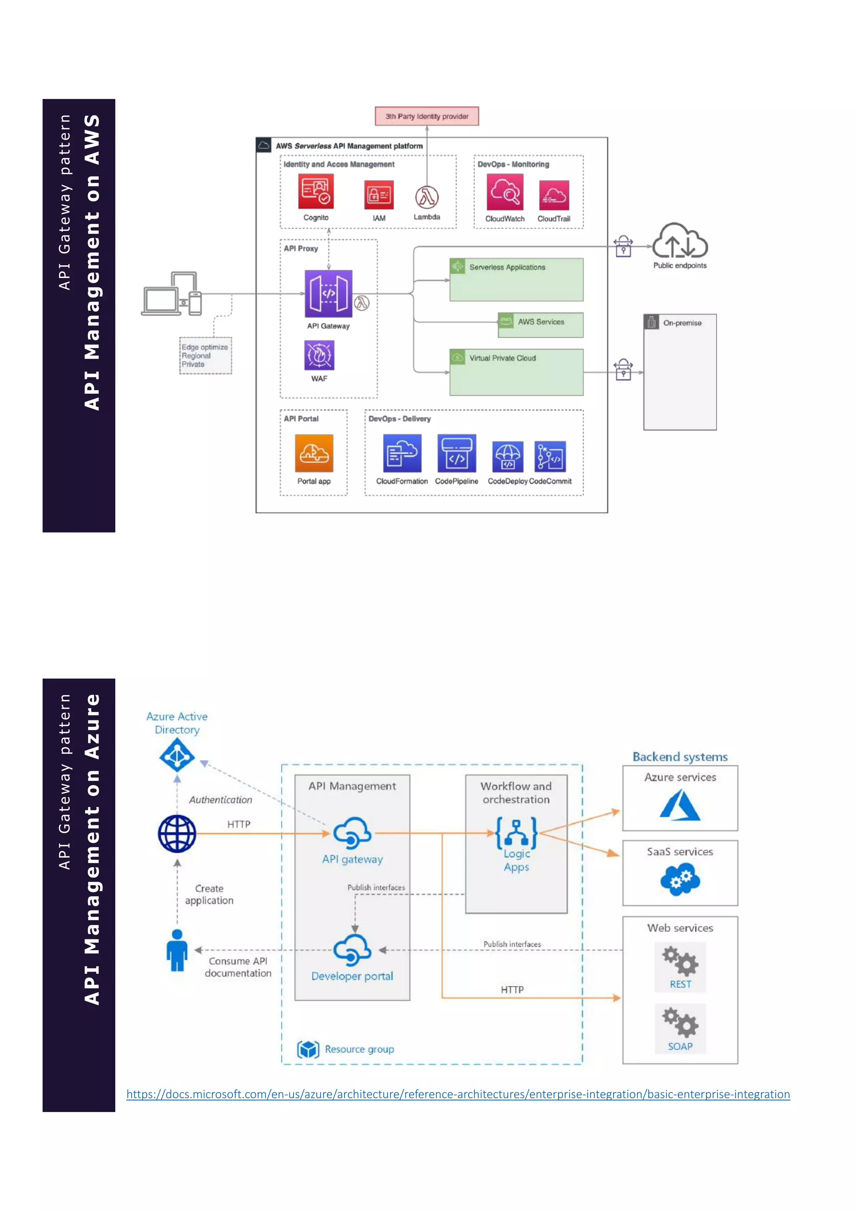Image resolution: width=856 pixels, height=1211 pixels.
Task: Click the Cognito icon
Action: pyautogui.click(x=316, y=192)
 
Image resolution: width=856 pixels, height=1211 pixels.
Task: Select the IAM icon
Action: pyautogui.click(x=379, y=195)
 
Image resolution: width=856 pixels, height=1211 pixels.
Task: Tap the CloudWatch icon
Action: pyautogui.click(x=505, y=193)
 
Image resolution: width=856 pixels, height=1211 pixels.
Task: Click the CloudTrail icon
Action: pyautogui.click(x=554, y=195)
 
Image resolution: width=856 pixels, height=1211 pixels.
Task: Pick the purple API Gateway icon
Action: pyautogui.click(x=328, y=293)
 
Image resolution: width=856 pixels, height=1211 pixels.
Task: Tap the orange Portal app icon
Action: pyautogui.click(x=314, y=453)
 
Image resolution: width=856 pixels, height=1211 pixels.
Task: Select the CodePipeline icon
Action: pyautogui.click(x=456, y=453)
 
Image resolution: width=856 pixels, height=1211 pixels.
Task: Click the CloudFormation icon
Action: pyautogui.click(x=402, y=453)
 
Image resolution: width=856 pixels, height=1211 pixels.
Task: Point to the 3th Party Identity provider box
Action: pyautogui.click(x=427, y=116)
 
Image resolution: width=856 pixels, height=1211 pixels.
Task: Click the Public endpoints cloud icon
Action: pyautogui.click(x=680, y=241)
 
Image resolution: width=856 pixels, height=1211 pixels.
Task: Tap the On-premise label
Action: pyautogui.click(x=682, y=323)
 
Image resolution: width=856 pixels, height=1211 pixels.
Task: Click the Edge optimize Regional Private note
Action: pyautogui.click(x=205, y=356)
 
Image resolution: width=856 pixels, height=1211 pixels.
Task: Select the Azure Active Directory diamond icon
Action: pyautogui.click(x=177, y=755)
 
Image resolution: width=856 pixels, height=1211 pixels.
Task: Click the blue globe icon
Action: pyautogui.click(x=177, y=833)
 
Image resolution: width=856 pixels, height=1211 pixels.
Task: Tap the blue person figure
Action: pyautogui.click(x=177, y=949)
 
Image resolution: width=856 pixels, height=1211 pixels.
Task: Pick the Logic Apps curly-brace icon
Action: pyautogui.click(x=516, y=832)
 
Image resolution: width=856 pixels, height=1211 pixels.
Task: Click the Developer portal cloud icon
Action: pyautogui.click(x=352, y=950)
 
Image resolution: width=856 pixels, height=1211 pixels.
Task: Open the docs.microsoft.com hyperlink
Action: pyautogui.click(x=458, y=1094)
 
